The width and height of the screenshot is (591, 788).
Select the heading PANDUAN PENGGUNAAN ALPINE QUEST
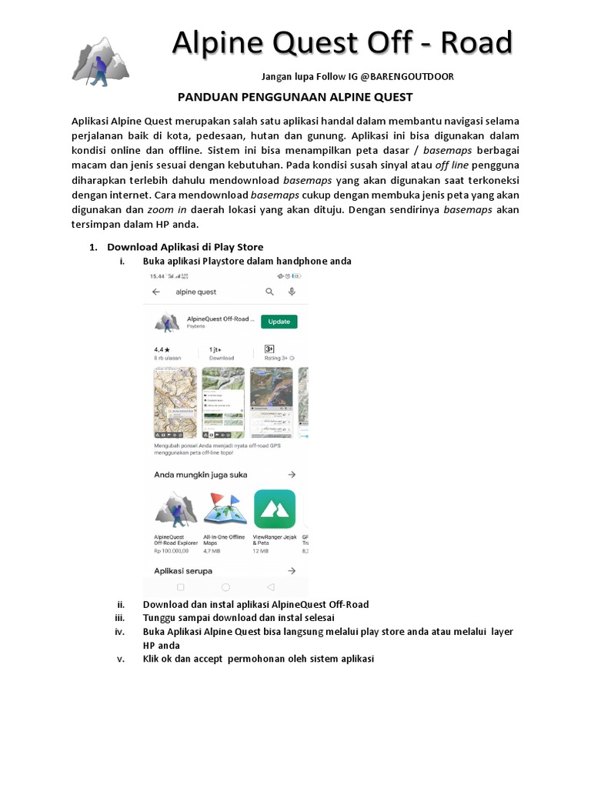point(295,97)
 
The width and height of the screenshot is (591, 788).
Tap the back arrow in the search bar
point(156,292)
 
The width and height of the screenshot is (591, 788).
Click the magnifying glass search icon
point(269,292)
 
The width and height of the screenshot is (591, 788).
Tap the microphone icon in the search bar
point(292,292)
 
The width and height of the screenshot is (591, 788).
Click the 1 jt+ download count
point(217,349)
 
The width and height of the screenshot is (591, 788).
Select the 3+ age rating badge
point(269,349)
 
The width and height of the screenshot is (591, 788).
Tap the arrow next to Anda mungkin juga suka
point(292,475)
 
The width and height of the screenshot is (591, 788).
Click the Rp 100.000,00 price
point(171,552)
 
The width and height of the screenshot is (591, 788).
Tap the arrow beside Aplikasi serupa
point(292,571)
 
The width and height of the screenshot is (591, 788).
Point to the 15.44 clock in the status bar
point(157,276)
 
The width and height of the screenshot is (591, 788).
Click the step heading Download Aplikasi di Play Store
point(185,247)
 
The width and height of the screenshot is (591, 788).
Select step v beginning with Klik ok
point(258,659)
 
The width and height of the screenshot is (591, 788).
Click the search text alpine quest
point(196,292)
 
